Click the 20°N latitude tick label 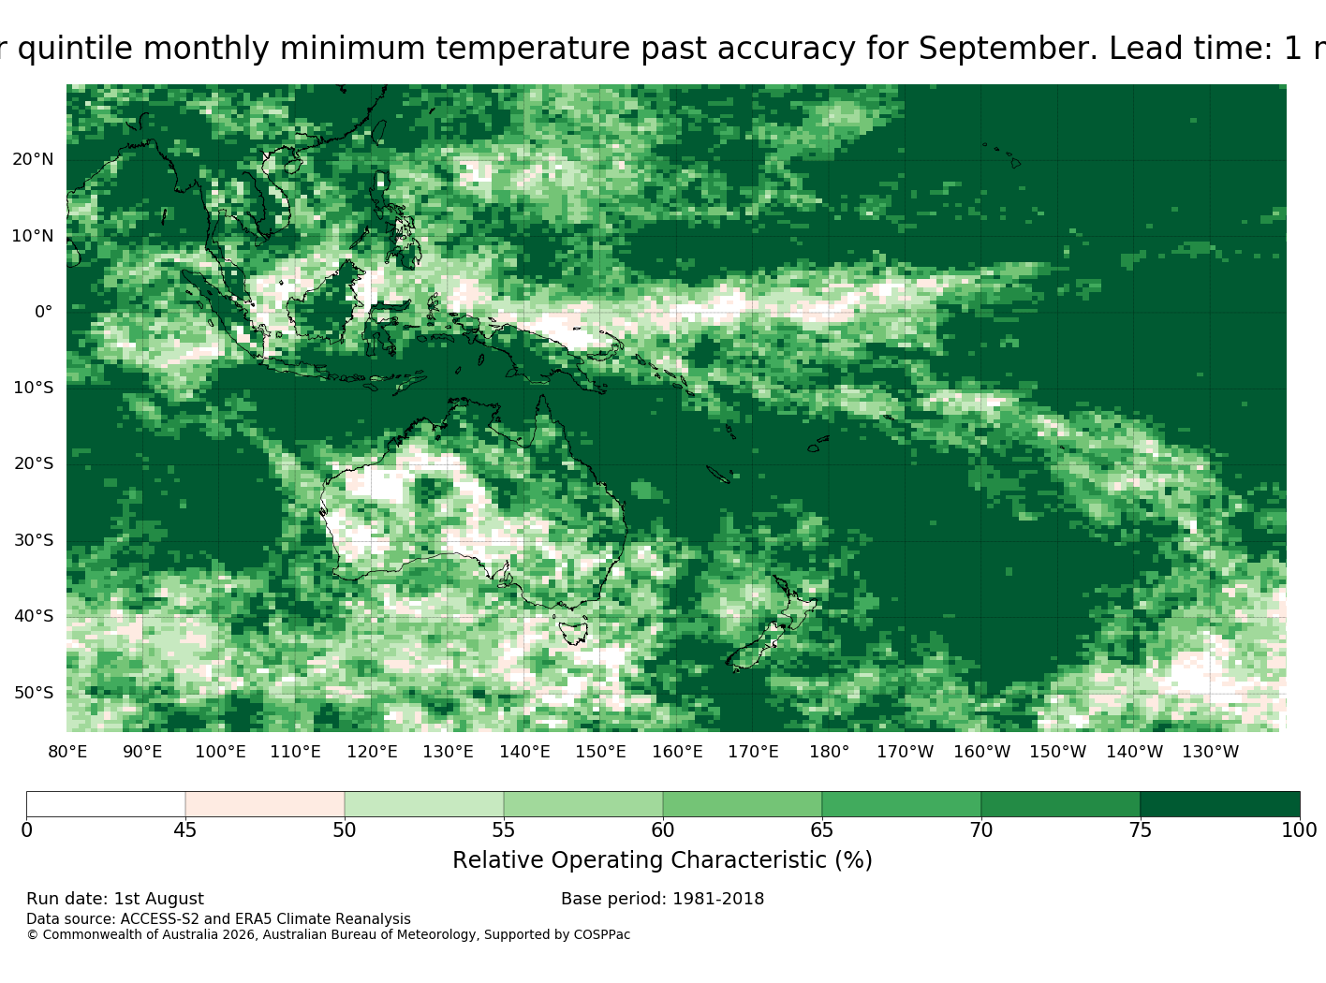click(x=33, y=160)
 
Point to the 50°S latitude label click(x=34, y=693)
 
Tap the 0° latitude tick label click(x=43, y=312)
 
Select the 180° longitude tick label click(x=829, y=752)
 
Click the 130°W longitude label click(x=1211, y=752)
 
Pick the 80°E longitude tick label click(x=67, y=752)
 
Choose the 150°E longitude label click(x=600, y=752)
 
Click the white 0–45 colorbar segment click(x=106, y=804)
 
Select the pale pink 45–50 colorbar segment click(x=265, y=804)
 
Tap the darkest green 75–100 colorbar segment click(x=1220, y=804)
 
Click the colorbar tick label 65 click(x=821, y=830)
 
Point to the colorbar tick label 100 click(x=1299, y=830)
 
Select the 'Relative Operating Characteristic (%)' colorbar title click(x=662, y=860)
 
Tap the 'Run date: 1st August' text click(x=115, y=900)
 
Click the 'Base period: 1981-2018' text click(x=662, y=900)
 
